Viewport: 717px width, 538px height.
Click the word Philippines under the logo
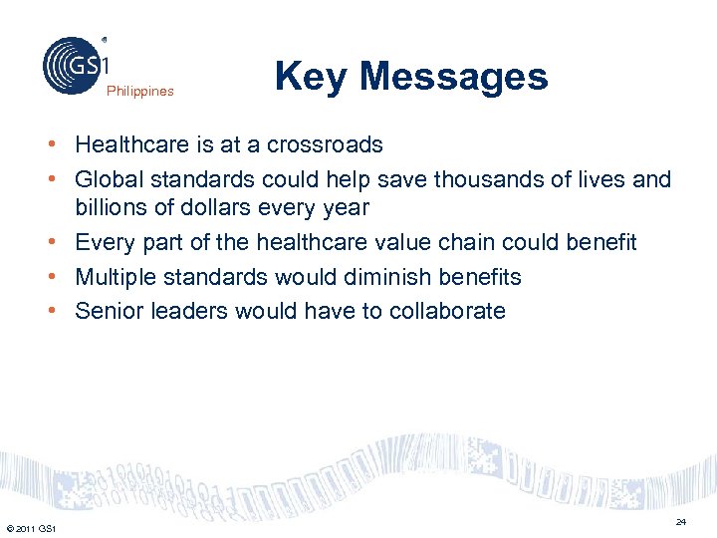click(140, 92)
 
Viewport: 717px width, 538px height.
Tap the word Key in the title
click(309, 76)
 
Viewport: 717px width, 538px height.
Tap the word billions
click(113, 208)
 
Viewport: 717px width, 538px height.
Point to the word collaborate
click(449, 311)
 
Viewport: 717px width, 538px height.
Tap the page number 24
click(681, 522)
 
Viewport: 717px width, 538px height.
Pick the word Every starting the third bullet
click(104, 243)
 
